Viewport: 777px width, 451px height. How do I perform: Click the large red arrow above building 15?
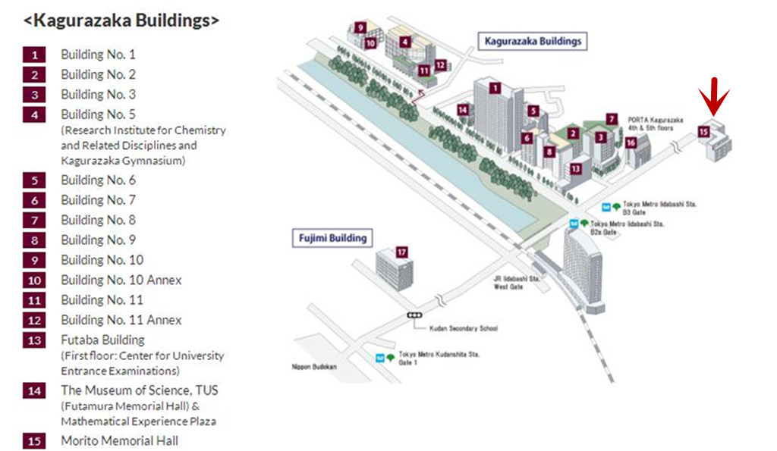[x=714, y=99]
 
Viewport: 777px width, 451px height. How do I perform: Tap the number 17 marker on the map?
[x=402, y=252]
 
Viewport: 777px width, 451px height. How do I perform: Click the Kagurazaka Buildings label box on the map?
[x=534, y=42]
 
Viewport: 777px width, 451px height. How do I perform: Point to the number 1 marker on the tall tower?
[x=494, y=87]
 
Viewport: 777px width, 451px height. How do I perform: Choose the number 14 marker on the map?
[x=463, y=110]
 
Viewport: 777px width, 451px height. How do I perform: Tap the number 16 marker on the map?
[x=631, y=142]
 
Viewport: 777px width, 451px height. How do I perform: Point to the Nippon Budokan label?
[x=313, y=367]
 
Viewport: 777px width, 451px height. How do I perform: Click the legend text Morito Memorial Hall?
[x=120, y=440]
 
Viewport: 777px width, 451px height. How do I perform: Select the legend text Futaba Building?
[x=102, y=340]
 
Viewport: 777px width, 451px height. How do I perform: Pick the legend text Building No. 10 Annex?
[x=121, y=280]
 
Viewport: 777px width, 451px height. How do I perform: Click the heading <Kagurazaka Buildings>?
[x=121, y=20]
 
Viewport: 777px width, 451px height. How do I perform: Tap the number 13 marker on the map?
[x=576, y=168]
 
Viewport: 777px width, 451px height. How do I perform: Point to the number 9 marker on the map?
[x=360, y=28]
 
